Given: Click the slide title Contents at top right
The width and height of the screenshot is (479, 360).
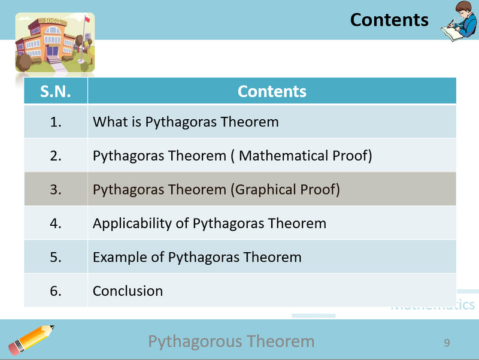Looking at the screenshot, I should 389,20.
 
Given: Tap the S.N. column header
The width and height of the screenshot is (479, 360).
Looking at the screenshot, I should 56,92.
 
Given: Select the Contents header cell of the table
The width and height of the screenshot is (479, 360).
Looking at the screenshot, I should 272,92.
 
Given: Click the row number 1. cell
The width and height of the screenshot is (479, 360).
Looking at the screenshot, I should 56,122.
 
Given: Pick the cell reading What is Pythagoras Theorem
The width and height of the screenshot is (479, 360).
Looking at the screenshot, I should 186,122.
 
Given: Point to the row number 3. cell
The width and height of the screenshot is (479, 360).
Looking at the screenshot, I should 56,190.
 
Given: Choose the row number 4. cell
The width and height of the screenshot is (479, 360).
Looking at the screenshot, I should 56,223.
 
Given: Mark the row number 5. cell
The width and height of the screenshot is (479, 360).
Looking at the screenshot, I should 56,258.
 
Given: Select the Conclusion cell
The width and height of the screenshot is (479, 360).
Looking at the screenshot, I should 128,291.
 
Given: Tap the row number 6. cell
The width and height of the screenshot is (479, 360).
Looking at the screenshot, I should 56,291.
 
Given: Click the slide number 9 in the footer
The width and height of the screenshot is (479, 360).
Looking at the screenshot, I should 447,343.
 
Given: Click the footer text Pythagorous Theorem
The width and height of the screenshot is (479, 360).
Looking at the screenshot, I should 231,341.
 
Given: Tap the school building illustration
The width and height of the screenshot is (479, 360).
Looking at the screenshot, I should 54,43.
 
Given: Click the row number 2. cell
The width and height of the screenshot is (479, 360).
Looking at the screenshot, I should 56,156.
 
